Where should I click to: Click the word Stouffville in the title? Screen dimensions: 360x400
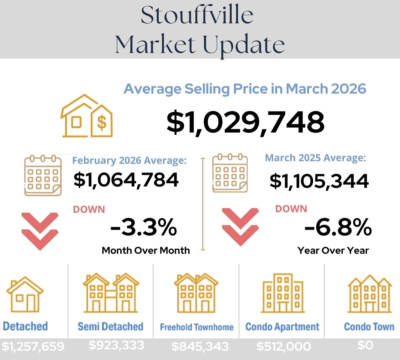(197, 15)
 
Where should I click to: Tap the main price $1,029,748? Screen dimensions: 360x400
(245, 122)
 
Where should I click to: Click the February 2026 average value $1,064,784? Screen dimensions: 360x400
(126, 180)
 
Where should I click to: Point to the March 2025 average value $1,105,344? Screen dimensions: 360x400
(319, 181)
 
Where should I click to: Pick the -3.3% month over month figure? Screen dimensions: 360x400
(143, 227)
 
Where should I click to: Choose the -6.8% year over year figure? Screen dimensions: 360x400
(338, 227)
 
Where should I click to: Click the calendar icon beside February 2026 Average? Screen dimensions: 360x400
(43, 175)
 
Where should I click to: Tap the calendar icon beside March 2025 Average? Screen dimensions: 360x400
(230, 173)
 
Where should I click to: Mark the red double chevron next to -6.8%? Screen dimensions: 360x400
(240, 227)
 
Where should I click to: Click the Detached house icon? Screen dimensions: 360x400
(25, 294)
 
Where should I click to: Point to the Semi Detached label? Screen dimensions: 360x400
(110, 326)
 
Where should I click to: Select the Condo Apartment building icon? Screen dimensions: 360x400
(283, 293)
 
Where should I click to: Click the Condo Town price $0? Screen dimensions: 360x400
(365, 345)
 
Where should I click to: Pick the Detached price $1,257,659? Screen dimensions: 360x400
(33, 346)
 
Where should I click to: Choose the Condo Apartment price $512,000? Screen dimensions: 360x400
(284, 346)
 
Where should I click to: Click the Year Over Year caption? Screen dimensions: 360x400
(333, 250)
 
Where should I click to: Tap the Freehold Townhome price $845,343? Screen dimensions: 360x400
(200, 346)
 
